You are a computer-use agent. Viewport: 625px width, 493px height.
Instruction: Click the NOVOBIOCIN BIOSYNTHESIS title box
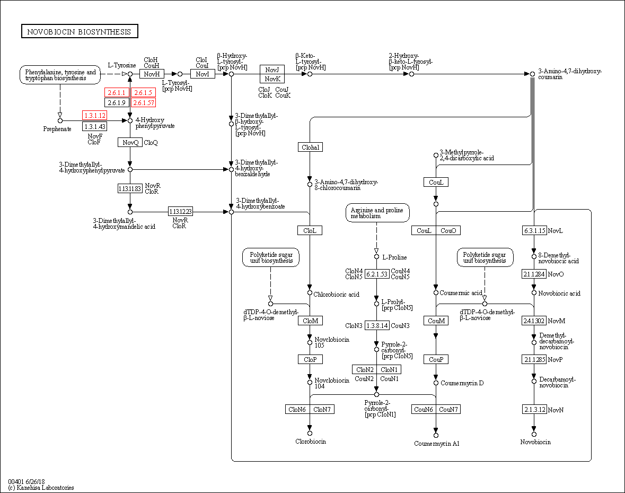[x=80, y=31]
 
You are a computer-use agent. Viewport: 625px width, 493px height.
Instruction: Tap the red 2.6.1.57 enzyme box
[x=143, y=102]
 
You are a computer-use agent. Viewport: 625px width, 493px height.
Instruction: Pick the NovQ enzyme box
[x=130, y=142]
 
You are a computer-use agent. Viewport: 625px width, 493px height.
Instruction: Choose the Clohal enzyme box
[x=310, y=147]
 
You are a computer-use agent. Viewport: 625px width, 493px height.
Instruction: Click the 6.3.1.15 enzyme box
[x=534, y=230]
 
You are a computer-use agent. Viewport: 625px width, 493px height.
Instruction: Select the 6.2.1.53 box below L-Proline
[x=376, y=273]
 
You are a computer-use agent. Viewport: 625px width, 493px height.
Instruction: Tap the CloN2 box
[x=365, y=369]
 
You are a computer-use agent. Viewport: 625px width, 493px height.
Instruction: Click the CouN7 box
[x=448, y=409]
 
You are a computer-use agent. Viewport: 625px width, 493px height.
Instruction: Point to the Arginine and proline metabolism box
[x=377, y=213]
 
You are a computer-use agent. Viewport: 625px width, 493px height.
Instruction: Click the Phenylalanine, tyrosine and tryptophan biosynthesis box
[x=60, y=75]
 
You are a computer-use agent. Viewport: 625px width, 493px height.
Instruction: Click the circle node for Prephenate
[x=60, y=120]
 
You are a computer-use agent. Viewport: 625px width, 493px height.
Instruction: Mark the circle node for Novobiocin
[x=534, y=434]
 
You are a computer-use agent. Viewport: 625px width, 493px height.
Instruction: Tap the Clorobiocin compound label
[x=310, y=442]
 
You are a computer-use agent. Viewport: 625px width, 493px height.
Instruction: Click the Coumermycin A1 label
[x=436, y=443]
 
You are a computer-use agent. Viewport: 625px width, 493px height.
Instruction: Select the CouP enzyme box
[x=436, y=359]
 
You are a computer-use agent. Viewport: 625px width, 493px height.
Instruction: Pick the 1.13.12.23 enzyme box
[x=180, y=212]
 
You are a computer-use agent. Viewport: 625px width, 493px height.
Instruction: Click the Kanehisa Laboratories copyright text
[x=41, y=487]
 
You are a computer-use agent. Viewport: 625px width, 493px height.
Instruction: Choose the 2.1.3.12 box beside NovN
[x=534, y=409]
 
